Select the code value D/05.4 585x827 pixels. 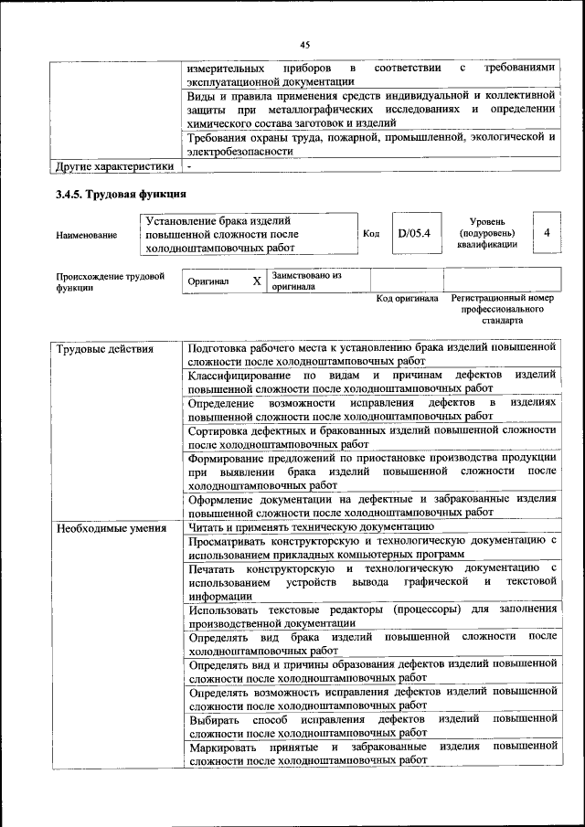point(413,233)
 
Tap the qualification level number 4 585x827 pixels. point(546,233)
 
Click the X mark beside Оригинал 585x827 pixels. point(257,281)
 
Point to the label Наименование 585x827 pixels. point(86,235)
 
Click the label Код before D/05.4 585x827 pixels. point(371,234)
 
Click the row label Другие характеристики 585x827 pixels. point(114,167)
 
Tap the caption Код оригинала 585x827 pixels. point(407,299)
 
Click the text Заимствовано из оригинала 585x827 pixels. point(306,281)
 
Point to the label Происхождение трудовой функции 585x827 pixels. point(109,281)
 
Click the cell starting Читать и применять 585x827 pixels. point(310,527)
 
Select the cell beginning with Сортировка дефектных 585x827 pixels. point(371,435)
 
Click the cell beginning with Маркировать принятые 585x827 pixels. point(371,753)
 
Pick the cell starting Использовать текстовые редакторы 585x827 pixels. point(371,615)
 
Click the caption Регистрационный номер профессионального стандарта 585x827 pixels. point(502,310)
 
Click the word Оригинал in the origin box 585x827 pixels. point(208,281)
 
